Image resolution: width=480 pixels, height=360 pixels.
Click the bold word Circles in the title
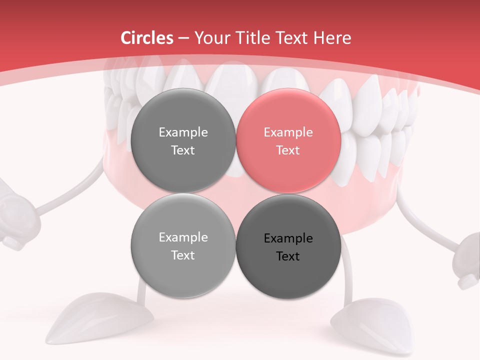(146, 38)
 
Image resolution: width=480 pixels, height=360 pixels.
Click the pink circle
(288, 141)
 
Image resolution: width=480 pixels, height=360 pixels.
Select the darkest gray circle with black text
(288, 246)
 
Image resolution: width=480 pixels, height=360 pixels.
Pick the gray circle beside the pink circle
(183, 141)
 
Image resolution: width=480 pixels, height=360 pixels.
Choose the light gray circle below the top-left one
(183, 246)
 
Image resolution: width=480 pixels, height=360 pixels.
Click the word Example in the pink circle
(288, 132)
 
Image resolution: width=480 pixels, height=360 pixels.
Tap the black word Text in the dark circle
(288, 256)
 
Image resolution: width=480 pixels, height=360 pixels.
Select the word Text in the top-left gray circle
(183, 150)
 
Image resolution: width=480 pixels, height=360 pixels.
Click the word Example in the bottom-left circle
(183, 237)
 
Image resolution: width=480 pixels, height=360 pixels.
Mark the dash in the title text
(183, 38)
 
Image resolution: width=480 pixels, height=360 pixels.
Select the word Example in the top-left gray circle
(183, 132)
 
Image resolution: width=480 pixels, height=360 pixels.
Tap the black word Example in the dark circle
(288, 238)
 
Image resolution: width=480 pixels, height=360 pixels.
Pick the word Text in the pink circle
(288, 150)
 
